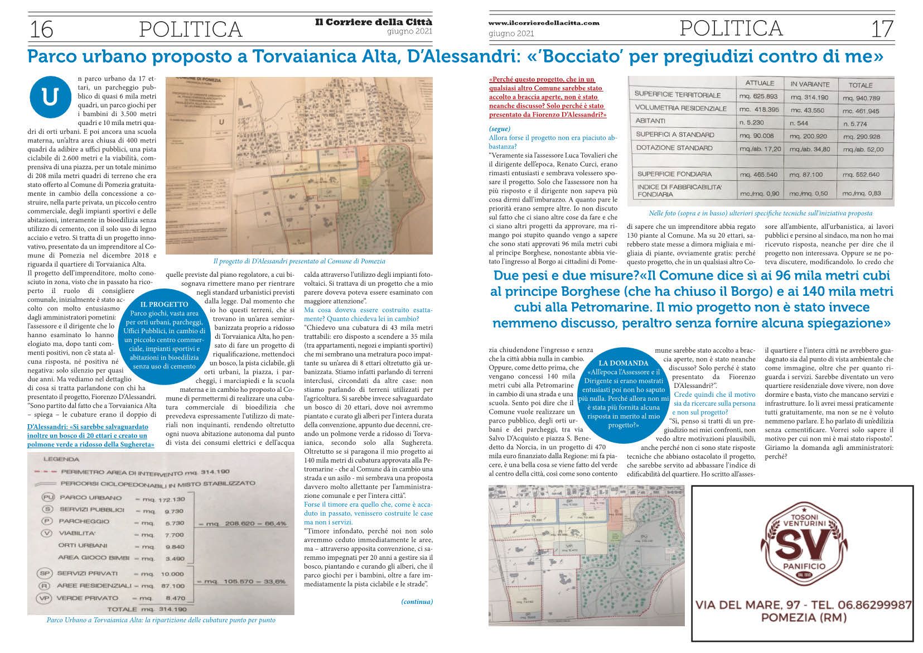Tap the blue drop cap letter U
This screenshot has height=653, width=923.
click(50, 97)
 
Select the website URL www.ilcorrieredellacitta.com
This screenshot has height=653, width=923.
click(544, 23)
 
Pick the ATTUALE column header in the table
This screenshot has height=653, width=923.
click(760, 83)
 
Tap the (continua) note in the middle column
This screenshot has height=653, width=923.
click(417, 601)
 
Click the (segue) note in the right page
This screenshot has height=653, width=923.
click(498, 128)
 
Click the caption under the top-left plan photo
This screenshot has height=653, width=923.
click(299, 261)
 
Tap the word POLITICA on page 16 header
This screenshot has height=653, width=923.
click(191, 29)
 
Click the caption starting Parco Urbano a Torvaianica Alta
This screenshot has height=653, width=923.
click(161, 620)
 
